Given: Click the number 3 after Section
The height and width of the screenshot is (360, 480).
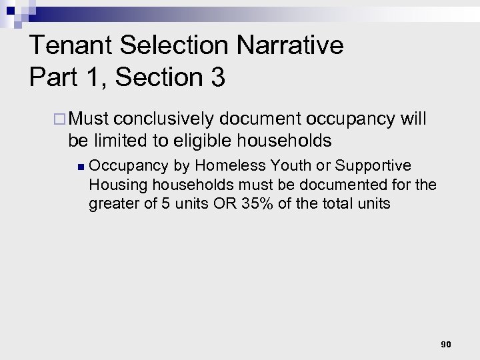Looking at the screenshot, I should (217, 77).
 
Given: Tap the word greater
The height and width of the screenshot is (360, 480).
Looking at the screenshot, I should (111, 203).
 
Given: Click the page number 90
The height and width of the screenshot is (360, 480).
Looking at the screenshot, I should (446, 345).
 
